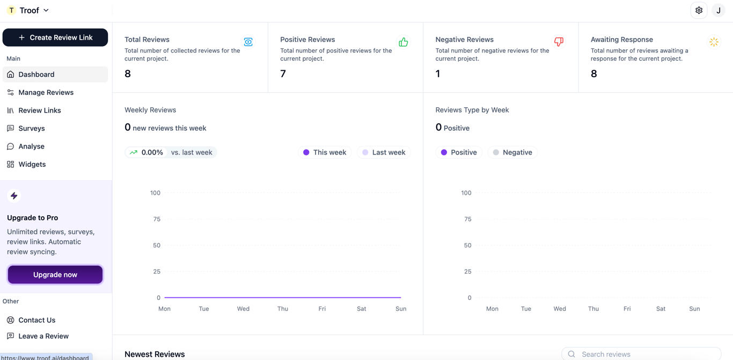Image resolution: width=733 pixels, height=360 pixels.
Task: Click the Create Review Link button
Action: pyautogui.click(x=55, y=38)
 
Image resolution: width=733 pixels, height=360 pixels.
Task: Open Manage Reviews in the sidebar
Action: pyautogui.click(x=46, y=92)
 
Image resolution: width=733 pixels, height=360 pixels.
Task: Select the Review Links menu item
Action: pyautogui.click(x=40, y=111)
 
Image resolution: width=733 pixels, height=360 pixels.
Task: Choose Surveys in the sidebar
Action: pyautogui.click(x=32, y=128)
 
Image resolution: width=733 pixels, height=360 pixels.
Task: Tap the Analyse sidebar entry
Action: pyautogui.click(x=31, y=146)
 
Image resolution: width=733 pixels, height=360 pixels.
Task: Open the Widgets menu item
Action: pyautogui.click(x=32, y=164)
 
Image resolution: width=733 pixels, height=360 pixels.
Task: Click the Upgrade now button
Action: pyautogui.click(x=55, y=275)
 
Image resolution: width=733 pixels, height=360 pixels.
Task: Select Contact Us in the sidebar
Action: pyautogui.click(x=36, y=320)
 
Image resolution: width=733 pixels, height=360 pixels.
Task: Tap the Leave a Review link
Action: pyautogui.click(x=43, y=336)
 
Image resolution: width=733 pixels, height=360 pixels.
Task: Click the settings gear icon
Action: pyautogui.click(x=699, y=10)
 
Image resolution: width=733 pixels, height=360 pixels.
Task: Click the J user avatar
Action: pyautogui.click(x=719, y=10)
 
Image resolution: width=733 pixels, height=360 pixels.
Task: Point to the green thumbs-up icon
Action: pyautogui.click(x=404, y=42)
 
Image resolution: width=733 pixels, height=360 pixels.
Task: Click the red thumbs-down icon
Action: pyautogui.click(x=559, y=42)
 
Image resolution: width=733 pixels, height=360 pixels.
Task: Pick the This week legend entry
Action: pyautogui.click(x=325, y=152)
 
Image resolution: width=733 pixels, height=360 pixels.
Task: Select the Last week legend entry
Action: pyautogui.click(x=384, y=152)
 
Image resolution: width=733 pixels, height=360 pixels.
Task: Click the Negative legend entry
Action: pyautogui.click(x=512, y=152)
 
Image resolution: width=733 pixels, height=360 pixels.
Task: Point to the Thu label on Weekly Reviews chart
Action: pyautogui.click(x=283, y=309)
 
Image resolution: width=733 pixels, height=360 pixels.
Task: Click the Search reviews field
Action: pyautogui.click(x=641, y=354)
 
